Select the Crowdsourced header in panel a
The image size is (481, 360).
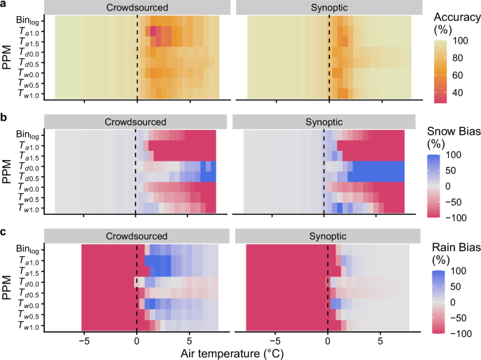pos(137,7)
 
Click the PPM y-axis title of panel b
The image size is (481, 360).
pos(7,172)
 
